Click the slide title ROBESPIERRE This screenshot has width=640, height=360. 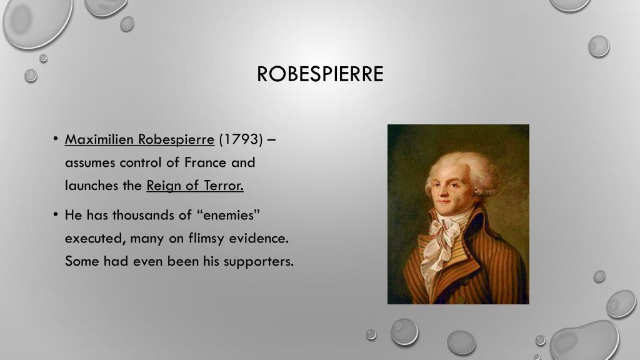click(320, 74)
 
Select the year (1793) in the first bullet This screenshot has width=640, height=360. click(241, 139)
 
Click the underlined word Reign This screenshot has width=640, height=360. click(165, 186)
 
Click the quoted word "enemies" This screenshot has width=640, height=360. click(228, 215)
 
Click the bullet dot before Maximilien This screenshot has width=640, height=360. click(55, 139)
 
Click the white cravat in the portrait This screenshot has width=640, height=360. click(442, 241)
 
